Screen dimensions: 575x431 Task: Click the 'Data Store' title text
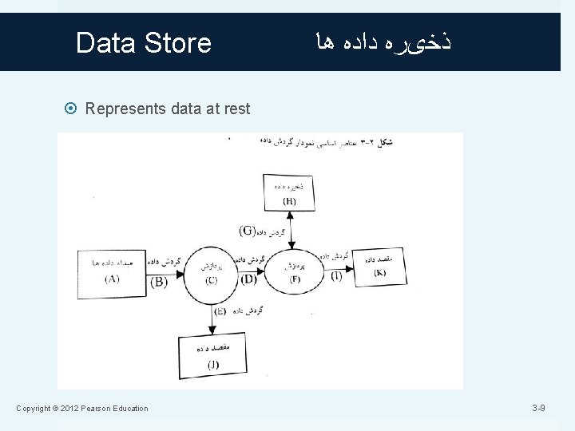click(x=143, y=42)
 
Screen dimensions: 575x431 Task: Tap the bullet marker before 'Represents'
click(x=73, y=109)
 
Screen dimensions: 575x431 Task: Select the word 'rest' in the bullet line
click(x=233, y=109)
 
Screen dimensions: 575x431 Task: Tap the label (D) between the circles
click(x=248, y=279)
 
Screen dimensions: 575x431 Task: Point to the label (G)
click(x=248, y=231)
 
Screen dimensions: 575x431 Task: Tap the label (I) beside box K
click(x=336, y=275)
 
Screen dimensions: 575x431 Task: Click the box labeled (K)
click(x=379, y=267)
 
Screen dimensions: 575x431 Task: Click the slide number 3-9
click(x=539, y=409)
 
